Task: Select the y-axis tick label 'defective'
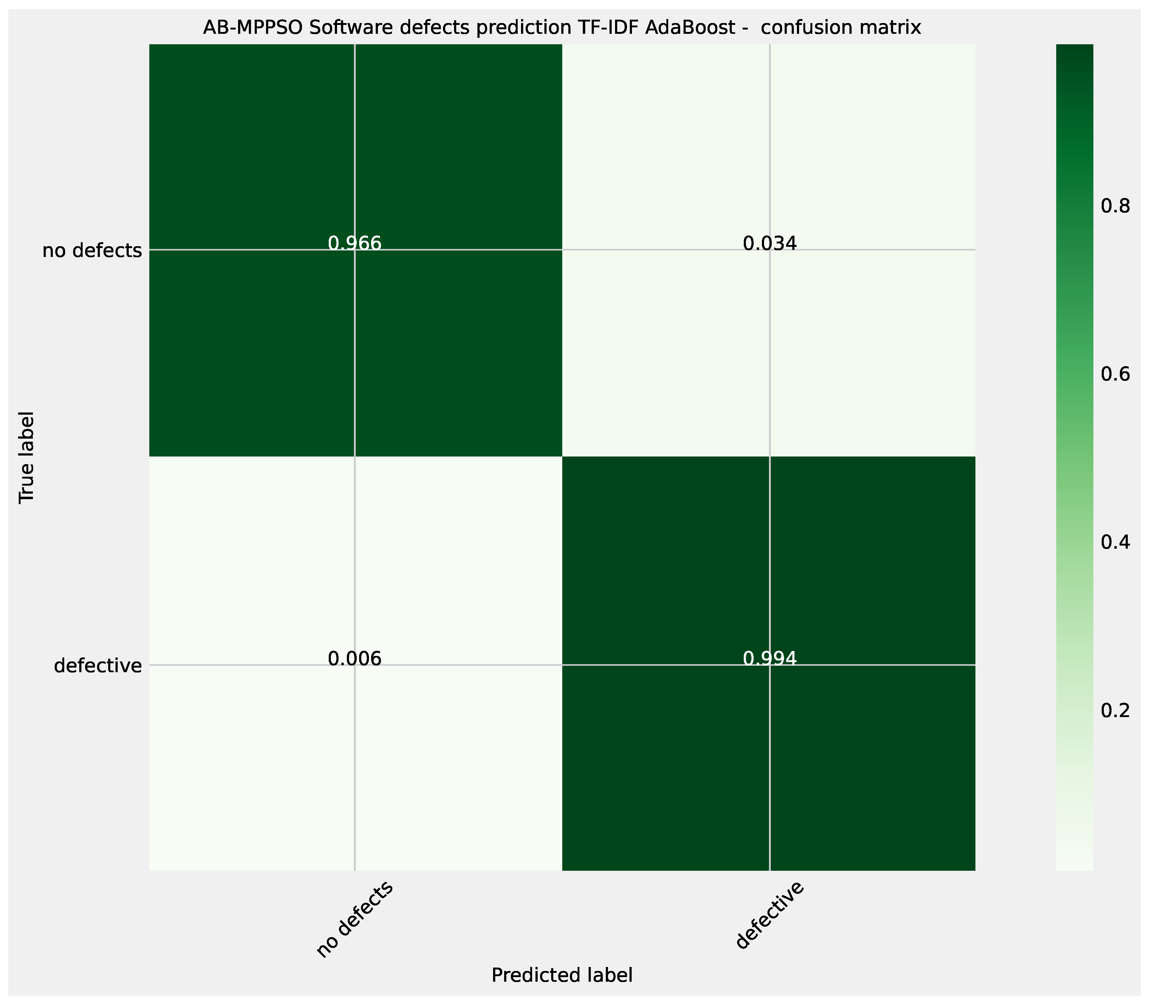tap(98, 666)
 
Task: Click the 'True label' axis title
tap(26, 457)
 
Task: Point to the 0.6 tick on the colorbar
tap(1115, 374)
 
